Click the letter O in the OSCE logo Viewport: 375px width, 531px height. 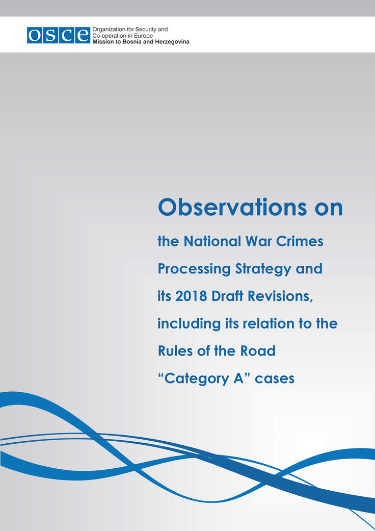(x=35, y=35)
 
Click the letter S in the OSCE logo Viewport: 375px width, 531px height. (x=51, y=35)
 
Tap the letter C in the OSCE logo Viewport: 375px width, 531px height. (x=67, y=35)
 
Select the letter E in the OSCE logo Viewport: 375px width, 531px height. (x=83, y=35)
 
